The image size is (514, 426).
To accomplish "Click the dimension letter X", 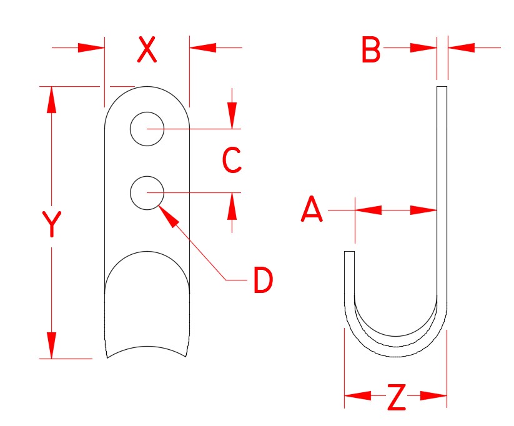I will click(146, 50).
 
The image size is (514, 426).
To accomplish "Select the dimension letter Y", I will click(51, 225).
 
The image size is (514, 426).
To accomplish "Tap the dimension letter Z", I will click(396, 398).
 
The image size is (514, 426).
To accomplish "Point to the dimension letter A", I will click(312, 210).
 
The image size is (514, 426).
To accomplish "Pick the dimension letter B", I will click(371, 51).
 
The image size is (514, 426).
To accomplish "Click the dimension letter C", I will click(232, 161).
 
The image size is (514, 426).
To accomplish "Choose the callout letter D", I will click(263, 280).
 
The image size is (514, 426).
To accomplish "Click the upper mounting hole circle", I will click(147, 129).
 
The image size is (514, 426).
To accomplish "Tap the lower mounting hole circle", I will click(147, 192).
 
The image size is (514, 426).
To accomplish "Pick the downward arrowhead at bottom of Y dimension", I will click(51, 346).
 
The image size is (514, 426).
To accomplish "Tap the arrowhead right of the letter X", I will click(202, 47).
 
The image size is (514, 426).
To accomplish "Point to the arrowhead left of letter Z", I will click(355, 395).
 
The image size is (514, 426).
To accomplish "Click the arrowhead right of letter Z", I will click(435, 395).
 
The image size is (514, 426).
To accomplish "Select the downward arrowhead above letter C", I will click(232, 116).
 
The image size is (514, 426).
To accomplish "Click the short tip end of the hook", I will click(350, 253).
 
